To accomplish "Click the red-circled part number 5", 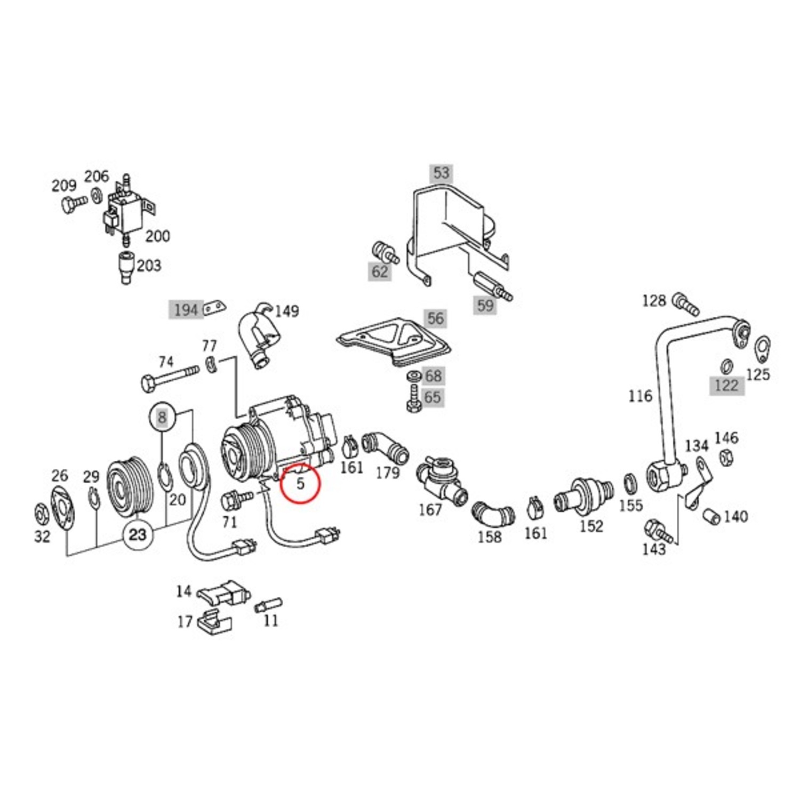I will [300, 483].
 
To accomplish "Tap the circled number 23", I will [138, 534].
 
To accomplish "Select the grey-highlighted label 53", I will [441, 173].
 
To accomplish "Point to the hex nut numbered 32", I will [41, 513].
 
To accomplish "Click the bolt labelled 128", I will [686, 304].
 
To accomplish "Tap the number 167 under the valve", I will [430, 510].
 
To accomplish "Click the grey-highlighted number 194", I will [186, 310].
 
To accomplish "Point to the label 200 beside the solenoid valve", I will [158, 236].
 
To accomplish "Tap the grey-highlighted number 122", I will [726, 385].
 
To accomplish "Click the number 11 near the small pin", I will [271, 620].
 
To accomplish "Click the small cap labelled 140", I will [711, 516].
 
